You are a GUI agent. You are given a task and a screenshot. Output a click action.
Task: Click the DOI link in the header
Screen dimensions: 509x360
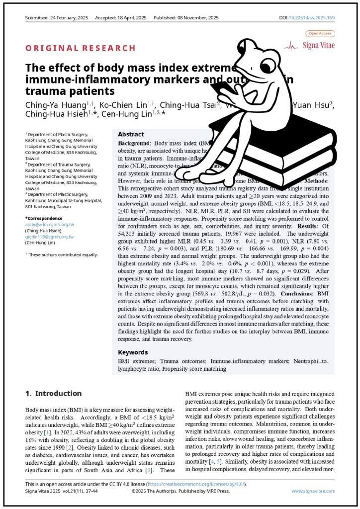[x=312, y=18]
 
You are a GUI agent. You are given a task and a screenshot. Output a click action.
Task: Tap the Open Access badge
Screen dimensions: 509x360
[x=320, y=33]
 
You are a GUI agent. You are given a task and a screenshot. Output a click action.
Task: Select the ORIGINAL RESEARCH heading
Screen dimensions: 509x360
[x=81, y=48]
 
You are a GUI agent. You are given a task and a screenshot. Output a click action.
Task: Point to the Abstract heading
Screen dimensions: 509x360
[x=131, y=134]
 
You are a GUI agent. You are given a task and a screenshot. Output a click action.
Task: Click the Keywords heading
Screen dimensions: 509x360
[x=133, y=352]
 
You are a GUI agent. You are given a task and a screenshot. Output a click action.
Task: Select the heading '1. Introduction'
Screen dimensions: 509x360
[x=54, y=393]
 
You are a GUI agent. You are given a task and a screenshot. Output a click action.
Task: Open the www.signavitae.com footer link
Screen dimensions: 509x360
[x=313, y=491]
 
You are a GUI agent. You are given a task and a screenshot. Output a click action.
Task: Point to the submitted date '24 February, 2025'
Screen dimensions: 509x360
[x=69, y=18]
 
